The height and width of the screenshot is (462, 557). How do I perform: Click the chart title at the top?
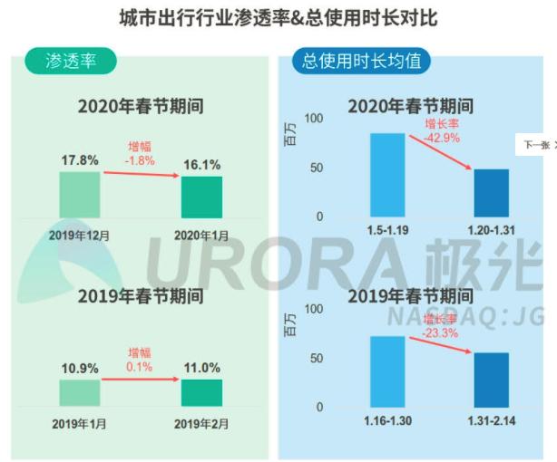coord(278,17)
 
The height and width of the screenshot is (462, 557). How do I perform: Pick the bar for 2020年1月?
coord(201,197)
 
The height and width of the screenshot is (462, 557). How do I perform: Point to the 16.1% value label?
coord(201,165)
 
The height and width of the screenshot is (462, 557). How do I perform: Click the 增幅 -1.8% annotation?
coord(140,153)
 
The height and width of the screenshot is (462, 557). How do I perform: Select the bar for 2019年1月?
coord(80,392)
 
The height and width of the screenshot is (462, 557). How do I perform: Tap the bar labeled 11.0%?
coord(201,392)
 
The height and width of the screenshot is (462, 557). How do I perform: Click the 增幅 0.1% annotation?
coord(140,359)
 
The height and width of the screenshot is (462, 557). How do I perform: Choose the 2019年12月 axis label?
coord(80,235)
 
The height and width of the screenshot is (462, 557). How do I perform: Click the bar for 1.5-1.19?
coord(386,175)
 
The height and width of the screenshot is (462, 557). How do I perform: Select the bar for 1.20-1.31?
coord(491,193)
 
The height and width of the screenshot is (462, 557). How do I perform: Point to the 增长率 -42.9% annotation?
coord(442,130)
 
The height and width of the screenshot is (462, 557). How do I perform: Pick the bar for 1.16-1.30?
coord(386,371)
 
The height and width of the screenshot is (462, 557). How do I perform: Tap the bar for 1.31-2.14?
coord(491,380)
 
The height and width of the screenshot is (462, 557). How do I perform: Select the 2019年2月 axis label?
coord(202,423)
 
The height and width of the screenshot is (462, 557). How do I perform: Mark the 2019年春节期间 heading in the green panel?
coord(140,296)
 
